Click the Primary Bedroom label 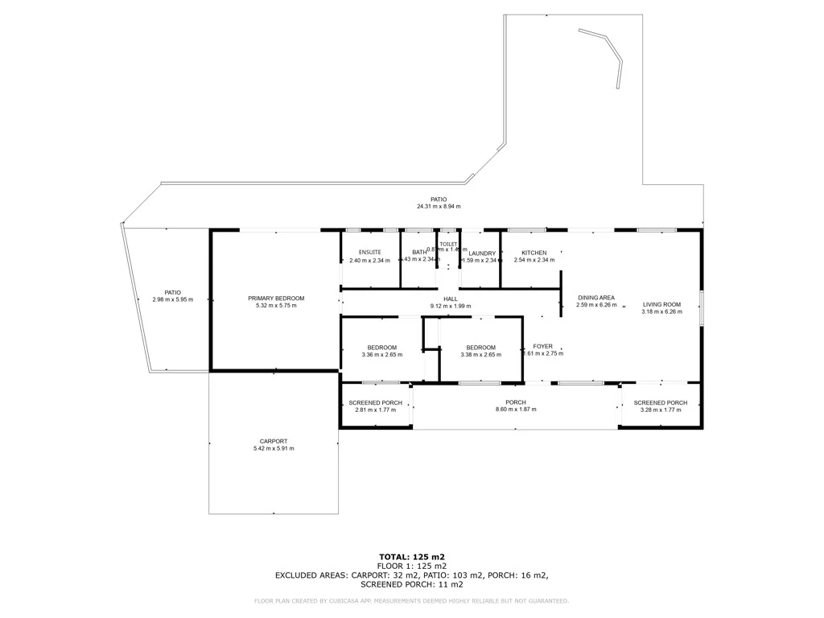(x=276, y=299)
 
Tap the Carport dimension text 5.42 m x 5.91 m (x=274, y=448)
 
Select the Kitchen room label (x=534, y=253)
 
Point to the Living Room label (x=661, y=304)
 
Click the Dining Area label (x=596, y=298)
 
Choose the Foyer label (x=543, y=346)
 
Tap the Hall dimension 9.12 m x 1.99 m (x=451, y=306)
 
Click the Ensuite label (x=369, y=253)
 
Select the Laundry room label (x=482, y=253)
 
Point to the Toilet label (x=448, y=244)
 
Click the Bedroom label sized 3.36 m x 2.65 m (x=382, y=348)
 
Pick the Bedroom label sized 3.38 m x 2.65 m (x=480, y=348)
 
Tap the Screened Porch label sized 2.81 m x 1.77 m (x=375, y=402)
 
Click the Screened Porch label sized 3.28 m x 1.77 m (x=661, y=402)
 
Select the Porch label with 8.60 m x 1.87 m (x=516, y=402)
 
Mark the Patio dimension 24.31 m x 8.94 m (x=439, y=207)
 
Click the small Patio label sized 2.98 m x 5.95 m (x=173, y=293)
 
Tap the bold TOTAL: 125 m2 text (x=412, y=557)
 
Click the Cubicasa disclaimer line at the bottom (x=412, y=600)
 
